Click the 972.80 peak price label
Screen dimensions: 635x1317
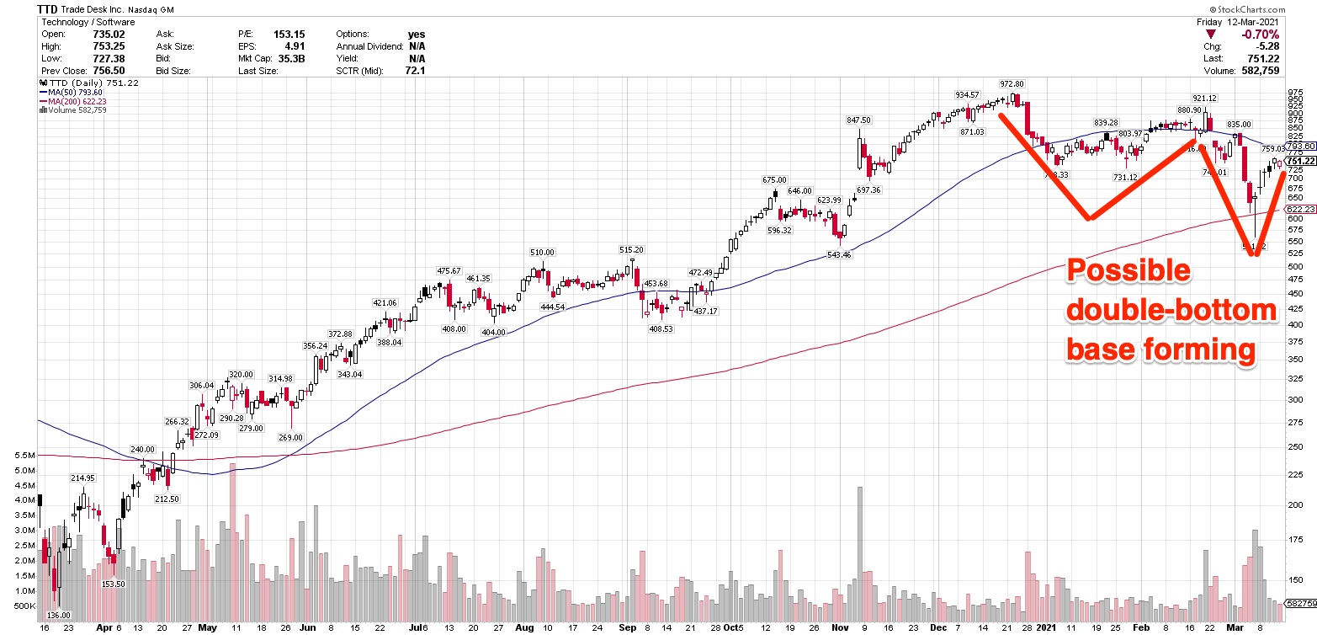1012,84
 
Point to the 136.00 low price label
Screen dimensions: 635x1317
58,615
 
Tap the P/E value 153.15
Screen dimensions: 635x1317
288,35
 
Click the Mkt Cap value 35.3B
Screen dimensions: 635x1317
291,59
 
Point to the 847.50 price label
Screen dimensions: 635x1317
859,120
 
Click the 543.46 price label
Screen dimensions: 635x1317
839,254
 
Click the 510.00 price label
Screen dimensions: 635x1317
542,252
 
